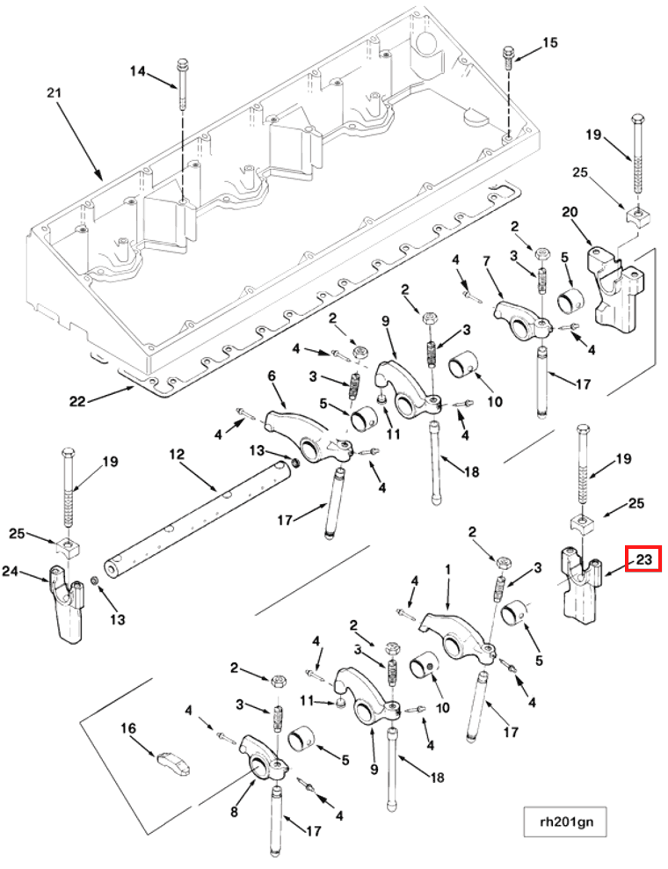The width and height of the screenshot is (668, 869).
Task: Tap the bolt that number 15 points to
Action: pos(508,56)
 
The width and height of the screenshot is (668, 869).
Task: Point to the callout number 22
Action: pos(78,401)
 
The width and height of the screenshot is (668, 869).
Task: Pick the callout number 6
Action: pos(272,376)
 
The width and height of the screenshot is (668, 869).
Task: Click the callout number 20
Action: pos(569,212)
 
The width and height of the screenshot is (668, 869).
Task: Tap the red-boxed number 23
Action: pos(643,559)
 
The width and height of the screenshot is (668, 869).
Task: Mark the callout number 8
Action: pos(234,812)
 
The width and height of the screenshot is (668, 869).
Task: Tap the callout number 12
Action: pos(177,455)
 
